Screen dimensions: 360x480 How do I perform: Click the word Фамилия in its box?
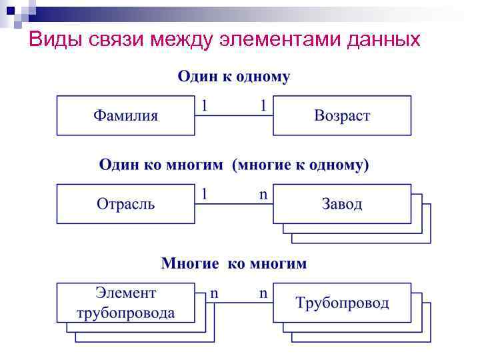[125, 115]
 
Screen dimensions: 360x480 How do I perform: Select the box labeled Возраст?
[342, 115]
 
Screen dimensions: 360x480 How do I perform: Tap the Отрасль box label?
[125, 203]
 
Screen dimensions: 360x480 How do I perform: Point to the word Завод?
[342, 203]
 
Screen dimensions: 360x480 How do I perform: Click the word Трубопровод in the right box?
[342, 303]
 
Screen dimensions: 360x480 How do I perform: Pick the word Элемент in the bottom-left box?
[125, 293]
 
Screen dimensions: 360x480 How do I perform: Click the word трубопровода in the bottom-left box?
[125, 313]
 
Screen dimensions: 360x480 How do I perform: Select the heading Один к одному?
[233, 77]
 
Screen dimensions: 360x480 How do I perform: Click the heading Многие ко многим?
[233, 263]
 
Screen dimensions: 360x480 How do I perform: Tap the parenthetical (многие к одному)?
[300, 165]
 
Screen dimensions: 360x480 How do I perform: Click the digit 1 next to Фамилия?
[205, 105]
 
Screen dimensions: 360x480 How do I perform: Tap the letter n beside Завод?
[263, 194]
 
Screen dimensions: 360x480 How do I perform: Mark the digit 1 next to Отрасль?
[205, 194]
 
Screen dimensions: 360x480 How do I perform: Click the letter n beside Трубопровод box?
[263, 293]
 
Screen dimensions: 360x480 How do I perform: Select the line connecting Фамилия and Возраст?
[233, 115]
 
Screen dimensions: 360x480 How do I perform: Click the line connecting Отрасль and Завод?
[233, 203]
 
